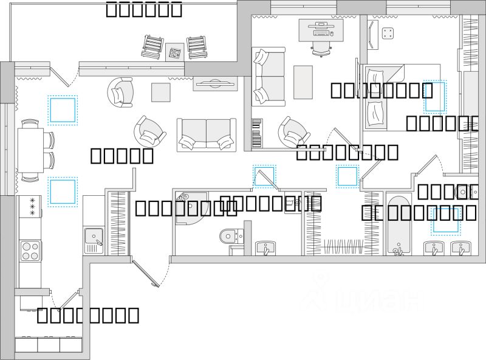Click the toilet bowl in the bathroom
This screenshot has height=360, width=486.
pos(231,234)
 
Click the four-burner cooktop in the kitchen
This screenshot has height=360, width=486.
pos(30,250)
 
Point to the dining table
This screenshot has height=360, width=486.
pos(30,150)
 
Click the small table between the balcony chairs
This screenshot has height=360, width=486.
pos(175,52)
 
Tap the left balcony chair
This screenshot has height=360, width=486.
pos(153,47)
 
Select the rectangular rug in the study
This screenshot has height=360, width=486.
pos(303,82)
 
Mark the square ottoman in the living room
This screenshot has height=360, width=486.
pos(161,92)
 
